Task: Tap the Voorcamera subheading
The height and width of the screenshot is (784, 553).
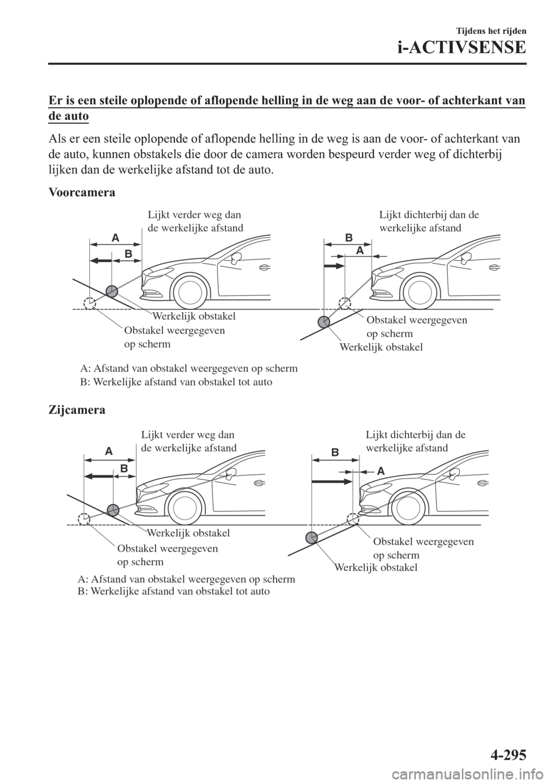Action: tap(81, 193)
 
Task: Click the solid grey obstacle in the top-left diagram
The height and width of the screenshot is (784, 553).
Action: tap(112, 291)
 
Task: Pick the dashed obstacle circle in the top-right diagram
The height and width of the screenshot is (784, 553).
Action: tap(344, 303)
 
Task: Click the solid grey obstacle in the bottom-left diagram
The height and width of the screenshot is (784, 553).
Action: tap(113, 509)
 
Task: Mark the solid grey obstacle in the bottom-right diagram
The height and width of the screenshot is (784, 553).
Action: tap(312, 538)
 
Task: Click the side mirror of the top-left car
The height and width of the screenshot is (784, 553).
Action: tap(234, 257)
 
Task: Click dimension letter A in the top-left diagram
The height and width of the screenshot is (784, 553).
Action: tap(115, 238)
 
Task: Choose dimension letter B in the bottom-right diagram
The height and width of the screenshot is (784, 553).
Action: tap(334, 452)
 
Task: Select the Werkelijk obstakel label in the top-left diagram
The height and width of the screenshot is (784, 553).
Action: tap(194, 316)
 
